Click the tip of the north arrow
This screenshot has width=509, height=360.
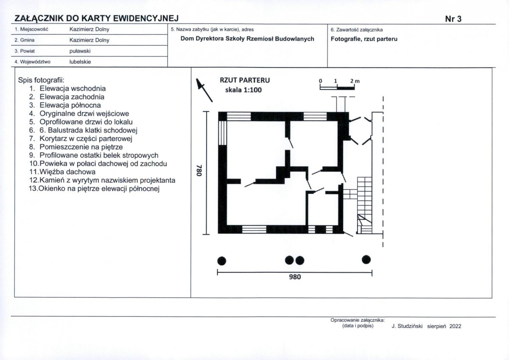[x=197, y=79]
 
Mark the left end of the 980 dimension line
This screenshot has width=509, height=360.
[x=218, y=273]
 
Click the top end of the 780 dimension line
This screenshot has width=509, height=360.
[x=206, y=112]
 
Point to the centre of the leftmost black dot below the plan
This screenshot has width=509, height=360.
[x=222, y=261]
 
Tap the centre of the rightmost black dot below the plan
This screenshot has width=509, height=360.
[x=366, y=260]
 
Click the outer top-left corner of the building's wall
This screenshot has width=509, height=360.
[x=218, y=112]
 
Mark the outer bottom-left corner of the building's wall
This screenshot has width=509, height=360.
[x=218, y=234]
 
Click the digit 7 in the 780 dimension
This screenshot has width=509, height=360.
[x=199, y=167]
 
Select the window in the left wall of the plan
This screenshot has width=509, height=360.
[x=222, y=133]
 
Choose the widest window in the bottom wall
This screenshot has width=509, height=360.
[x=254, y=229]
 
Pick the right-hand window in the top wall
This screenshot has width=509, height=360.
[x=315, y=116]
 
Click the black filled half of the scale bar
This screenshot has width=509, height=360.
[x=346, y=88]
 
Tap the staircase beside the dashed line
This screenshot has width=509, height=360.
[x=364, y=205]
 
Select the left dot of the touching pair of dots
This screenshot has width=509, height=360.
[x=289, y=260]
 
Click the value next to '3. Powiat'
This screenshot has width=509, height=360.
[x=80, y=51]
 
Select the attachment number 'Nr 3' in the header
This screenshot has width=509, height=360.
[x=453, y=19]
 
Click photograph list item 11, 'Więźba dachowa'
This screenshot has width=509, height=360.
[x=62, y=172]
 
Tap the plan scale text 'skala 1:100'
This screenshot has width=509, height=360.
[x=243, y=90]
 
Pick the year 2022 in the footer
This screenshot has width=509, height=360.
[x=455, y=326]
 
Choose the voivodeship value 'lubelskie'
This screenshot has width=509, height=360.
[x=80, y=62]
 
